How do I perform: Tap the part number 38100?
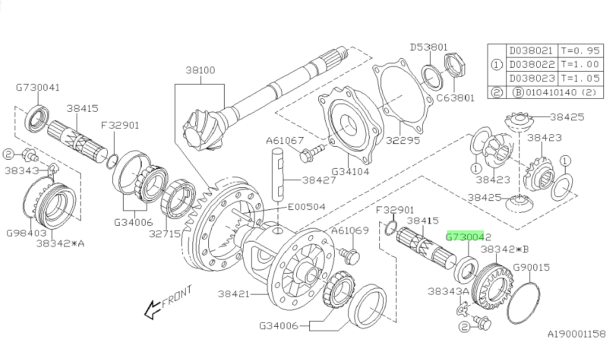coord(200,71)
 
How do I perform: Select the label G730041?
coord(38,87)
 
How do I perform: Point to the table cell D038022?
coord(532,64)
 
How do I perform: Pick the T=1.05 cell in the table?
coord(578,78)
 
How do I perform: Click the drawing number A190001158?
coord(576,334)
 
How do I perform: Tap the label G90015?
coord(531,267)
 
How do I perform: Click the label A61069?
coord(350,231)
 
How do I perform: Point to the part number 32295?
coord(403,141)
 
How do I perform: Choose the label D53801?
coord(428,47)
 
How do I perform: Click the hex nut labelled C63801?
coord(454,65)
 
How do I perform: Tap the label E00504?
coord(306,207)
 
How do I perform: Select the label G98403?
coord(25,232)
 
